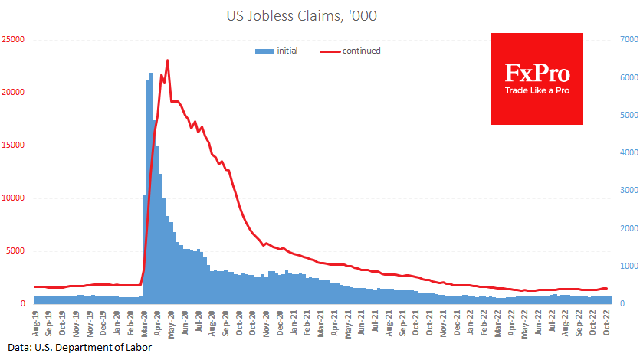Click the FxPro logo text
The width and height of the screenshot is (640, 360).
pyautogui.click(x=537, y=74)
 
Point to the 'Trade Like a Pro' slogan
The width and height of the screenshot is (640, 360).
pyautogui.click(x=537, y=91)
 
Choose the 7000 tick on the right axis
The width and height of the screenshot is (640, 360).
pyautogui.click(x=626, y=39)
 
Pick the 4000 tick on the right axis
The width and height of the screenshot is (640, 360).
pyautogui.click(x=626, y=152)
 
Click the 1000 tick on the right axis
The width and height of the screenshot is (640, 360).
pyautogui.click(x=626, y=266)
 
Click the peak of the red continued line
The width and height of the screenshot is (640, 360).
pyautogui.click(x=167, y=61)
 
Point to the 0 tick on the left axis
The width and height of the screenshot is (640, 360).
pyautogui.click(x=23, y=303)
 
